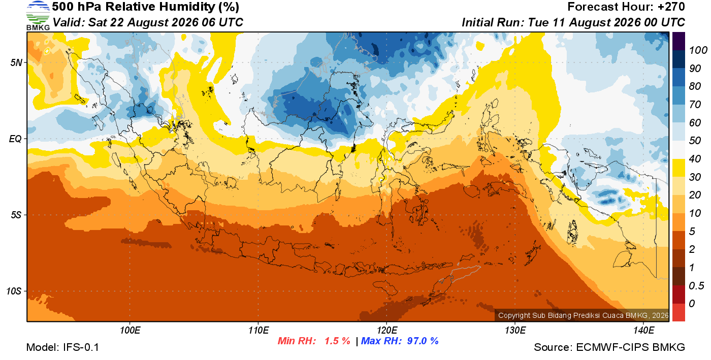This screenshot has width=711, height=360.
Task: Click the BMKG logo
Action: click(38, 16)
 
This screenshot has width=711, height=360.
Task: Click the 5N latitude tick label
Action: click(16, 62)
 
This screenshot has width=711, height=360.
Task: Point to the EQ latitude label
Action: click(16, 139)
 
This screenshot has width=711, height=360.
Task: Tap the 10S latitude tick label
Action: click(14, 291)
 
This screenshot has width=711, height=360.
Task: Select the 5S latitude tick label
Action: click(16, 215)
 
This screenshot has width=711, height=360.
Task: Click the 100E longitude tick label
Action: click(130, 330)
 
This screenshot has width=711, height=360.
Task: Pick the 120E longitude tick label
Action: click(386, 330)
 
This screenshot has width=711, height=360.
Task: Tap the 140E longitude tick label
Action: click(643, 330)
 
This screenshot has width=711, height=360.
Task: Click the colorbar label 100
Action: click(698, 50)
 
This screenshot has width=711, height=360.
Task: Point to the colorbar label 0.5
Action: click(697, 286)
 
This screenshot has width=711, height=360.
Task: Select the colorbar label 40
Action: click(695, 159)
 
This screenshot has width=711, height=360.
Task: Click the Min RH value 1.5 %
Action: click(337, 341)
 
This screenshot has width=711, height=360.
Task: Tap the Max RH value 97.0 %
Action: click(423, 341)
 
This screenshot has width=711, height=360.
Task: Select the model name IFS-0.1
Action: click(81, 347)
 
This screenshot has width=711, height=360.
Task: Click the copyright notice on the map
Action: click(583, 315)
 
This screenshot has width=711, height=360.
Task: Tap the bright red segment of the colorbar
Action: click(678, 312)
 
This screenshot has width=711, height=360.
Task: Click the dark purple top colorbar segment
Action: click(678, 41)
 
